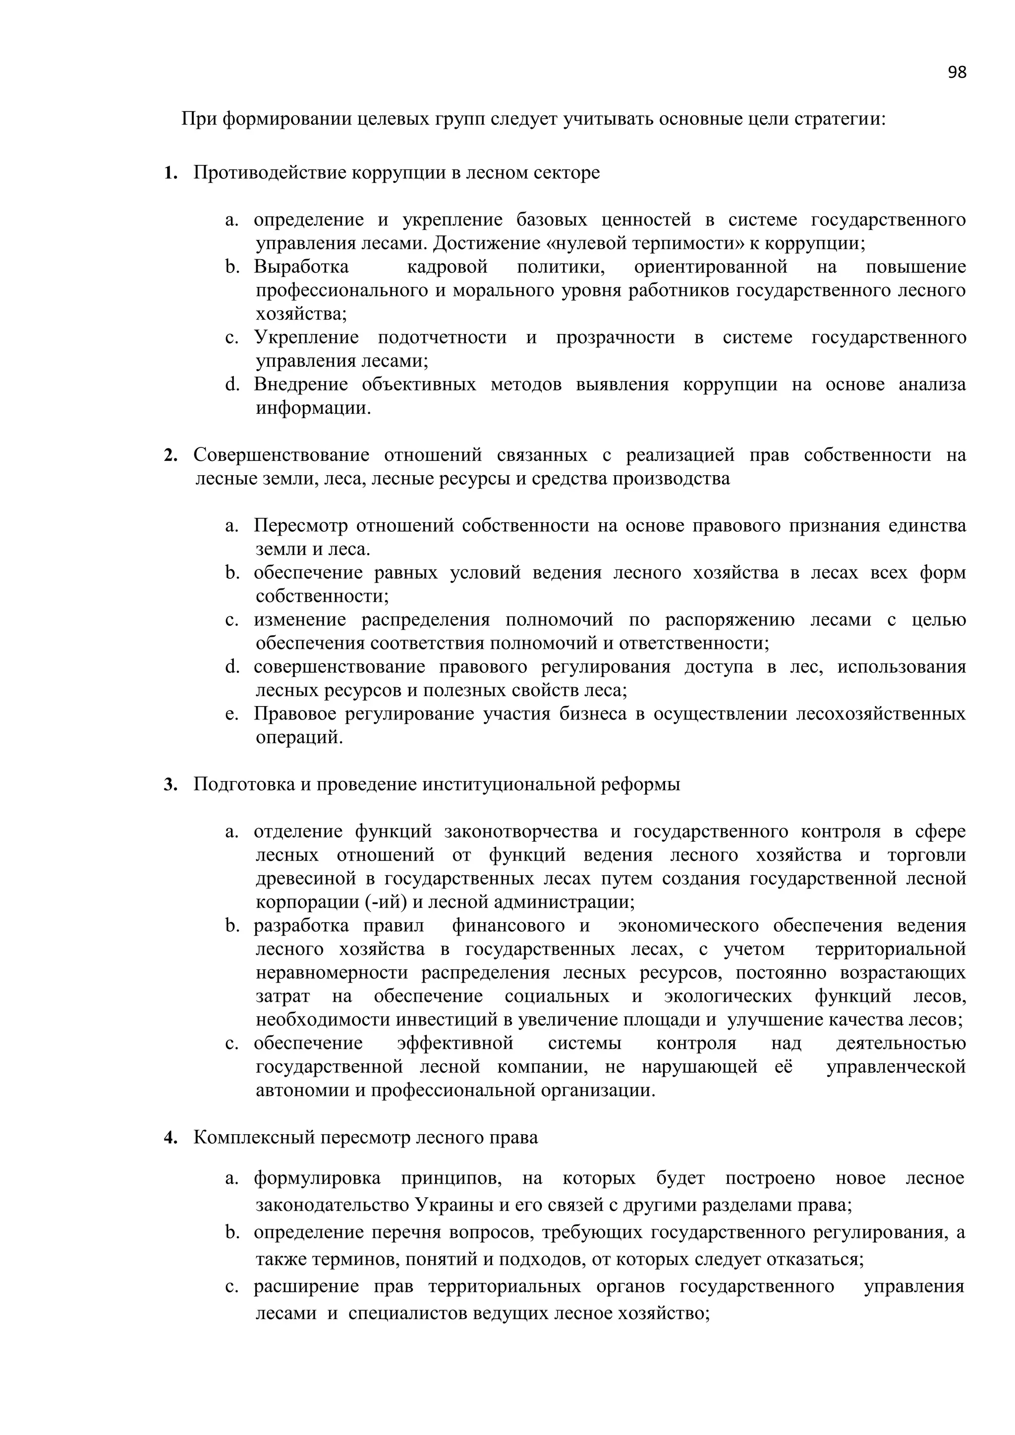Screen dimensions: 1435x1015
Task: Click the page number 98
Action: [956, 72]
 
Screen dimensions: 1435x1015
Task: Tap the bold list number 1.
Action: [169, 173]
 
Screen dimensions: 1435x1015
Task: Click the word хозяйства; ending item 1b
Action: [301, 314]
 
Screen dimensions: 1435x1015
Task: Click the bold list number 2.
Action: [169, 456]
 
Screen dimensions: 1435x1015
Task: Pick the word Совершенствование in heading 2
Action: [281, 455]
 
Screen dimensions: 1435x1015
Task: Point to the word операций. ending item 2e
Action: [299, 737]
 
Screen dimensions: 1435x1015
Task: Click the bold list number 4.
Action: [169, 1138]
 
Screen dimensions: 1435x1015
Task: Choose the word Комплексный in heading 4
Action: [253, 1138]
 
